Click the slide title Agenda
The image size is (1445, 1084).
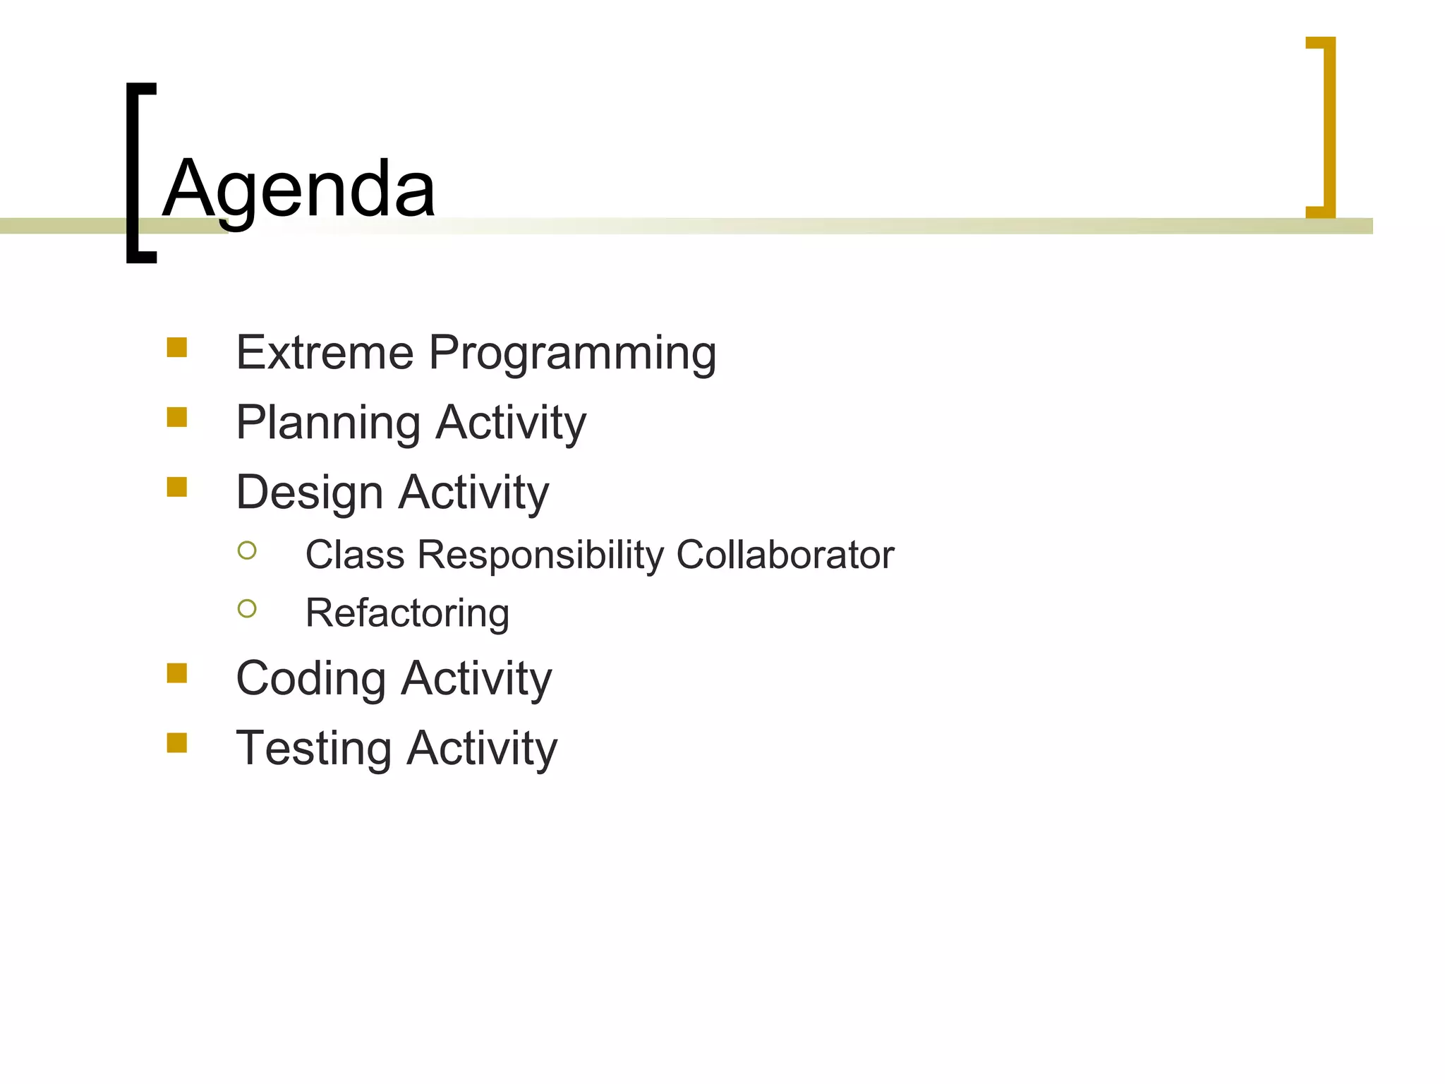tap(299, 189)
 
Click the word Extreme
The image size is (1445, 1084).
tap(325, 352)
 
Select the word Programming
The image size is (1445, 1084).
tap(572, 354)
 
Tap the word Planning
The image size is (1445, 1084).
tap(328, 423)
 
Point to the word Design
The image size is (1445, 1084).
tap(309, 493)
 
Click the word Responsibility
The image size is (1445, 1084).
tap(540, 555)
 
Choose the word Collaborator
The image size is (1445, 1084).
tap(785, 555)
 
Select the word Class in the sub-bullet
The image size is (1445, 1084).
tap(355, 555)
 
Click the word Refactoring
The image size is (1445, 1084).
tap(407, 613)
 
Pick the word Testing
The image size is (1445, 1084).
tap(313, 749)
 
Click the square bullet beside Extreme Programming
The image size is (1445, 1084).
tap(177, 347)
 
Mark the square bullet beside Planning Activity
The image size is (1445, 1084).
tap(177, 417)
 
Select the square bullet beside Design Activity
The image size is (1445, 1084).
tap(177, 487)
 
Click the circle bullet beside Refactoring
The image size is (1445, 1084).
tap(247, 608)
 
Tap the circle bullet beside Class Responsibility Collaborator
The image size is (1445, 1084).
tap(247, 550)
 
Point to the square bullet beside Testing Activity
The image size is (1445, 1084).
tap(177, 743)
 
